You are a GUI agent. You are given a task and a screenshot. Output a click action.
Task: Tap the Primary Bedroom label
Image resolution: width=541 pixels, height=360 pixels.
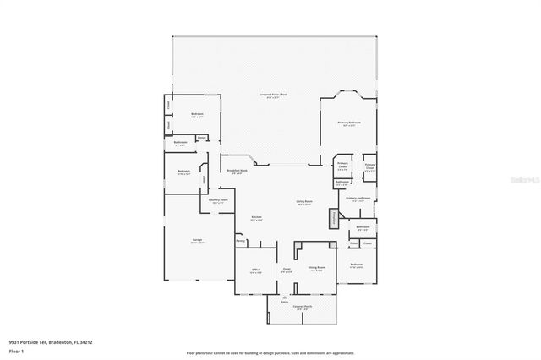click(349, 123)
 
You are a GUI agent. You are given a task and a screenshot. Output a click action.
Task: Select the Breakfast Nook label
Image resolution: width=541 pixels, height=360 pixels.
click(238, 172)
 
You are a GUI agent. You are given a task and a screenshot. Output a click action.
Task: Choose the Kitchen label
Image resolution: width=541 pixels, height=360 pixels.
click(256, 218)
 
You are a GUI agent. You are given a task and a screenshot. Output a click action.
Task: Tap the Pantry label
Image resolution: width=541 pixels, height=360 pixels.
click(240, 241)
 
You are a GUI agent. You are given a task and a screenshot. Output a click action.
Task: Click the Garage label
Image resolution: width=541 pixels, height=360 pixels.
click(197, 241)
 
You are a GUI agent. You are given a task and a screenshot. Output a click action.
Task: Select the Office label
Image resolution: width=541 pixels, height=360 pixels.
click(255, 270)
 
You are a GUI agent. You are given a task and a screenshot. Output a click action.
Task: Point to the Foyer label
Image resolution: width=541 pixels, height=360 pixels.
click(287, 270)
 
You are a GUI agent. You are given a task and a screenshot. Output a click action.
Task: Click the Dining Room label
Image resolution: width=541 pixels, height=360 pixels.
click(317, 268)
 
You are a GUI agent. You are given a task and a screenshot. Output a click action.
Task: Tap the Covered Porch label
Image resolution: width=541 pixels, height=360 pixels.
click(300, 308)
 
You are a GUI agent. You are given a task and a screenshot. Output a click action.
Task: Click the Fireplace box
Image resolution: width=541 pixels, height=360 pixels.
click(335, 218)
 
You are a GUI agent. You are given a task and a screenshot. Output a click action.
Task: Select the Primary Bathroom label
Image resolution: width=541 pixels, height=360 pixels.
click(358, 198)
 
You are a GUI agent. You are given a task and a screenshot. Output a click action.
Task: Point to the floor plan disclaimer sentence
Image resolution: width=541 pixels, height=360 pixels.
click(270, 352)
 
